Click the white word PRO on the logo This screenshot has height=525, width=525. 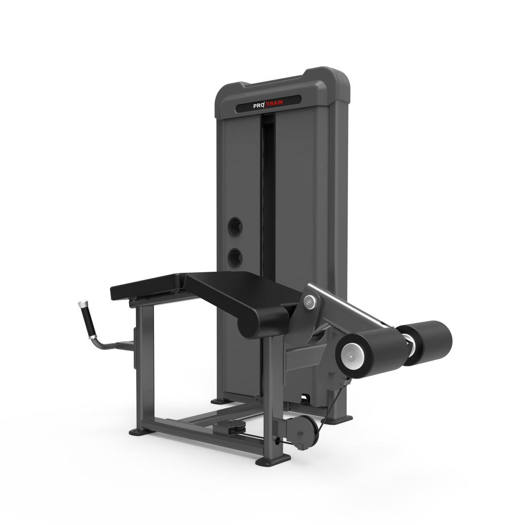pyautogui.click(x=259, y=105)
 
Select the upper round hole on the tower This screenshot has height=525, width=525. pyautogui.click(x=235, y=227)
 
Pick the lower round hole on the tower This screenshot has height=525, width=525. pyautogui.click(x=235, y=258)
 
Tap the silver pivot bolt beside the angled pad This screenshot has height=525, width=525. pyautogui.click(x=310, y=302)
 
